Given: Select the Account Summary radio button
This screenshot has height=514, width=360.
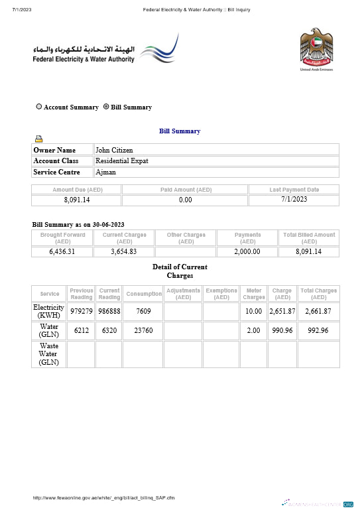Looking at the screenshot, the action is (39, 107).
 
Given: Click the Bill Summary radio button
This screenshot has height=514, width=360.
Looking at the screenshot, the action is (106, 107).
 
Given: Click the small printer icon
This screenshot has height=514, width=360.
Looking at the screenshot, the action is (39, 139).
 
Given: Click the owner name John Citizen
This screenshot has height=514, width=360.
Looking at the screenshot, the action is (114, 150).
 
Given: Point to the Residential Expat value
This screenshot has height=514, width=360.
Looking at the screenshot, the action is (122, 161).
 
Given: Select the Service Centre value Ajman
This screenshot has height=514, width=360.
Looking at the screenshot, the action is (106, 172).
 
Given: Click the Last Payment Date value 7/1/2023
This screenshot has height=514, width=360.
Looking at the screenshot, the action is (294, 200).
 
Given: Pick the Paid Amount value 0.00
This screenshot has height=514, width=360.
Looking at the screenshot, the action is (186, 200).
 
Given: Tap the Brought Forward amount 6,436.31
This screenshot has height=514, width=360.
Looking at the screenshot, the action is (62, 251).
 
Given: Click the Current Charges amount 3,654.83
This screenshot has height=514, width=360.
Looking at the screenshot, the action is (124, 251).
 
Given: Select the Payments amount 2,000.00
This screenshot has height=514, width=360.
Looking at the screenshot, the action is (247, 251).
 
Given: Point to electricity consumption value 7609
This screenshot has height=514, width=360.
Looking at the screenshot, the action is (144, 312).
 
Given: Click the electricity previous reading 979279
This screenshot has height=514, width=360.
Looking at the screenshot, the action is (81, 312).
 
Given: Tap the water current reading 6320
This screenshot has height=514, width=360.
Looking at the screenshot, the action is (109, 331).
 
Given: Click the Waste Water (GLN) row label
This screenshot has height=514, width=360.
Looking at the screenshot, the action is (48, 354).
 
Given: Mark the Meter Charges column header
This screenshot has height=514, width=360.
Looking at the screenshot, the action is (254, 294).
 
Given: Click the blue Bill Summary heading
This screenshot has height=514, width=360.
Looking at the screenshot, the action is (180, 131).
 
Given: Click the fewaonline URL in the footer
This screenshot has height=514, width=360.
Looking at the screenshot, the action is (104, 497).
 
